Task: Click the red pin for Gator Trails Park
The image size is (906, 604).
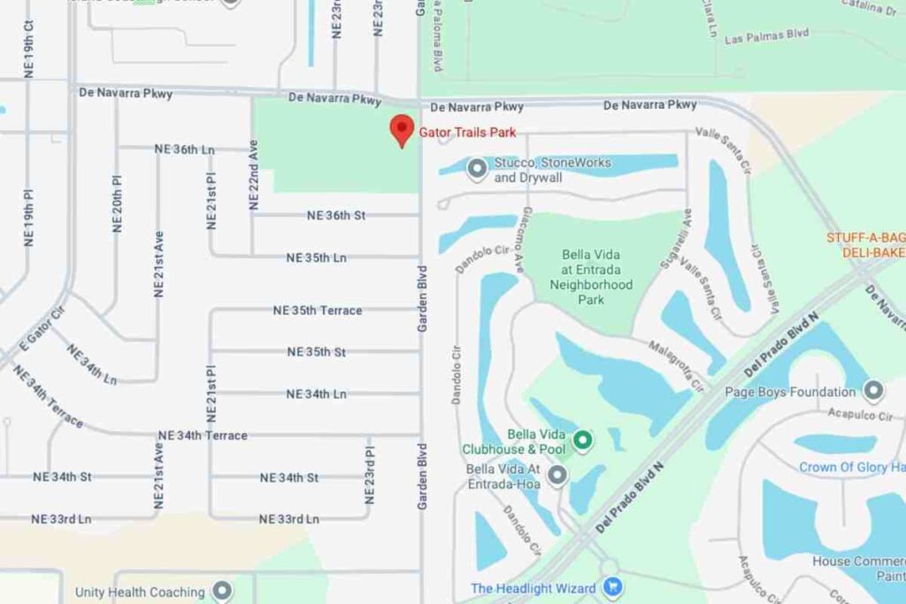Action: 403,130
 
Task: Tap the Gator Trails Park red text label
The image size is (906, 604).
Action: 467,133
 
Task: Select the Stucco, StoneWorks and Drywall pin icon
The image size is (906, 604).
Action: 478,167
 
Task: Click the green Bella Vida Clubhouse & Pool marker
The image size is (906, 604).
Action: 582,439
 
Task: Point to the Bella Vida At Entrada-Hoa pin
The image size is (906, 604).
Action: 557,477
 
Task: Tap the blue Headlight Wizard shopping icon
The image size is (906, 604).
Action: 610,587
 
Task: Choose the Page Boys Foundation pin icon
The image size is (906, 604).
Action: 873,391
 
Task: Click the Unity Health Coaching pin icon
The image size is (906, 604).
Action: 222,591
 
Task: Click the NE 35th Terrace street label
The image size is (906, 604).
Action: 317,310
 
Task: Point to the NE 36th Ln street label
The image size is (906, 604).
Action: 184,149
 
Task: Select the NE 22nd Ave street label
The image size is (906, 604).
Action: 255,175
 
